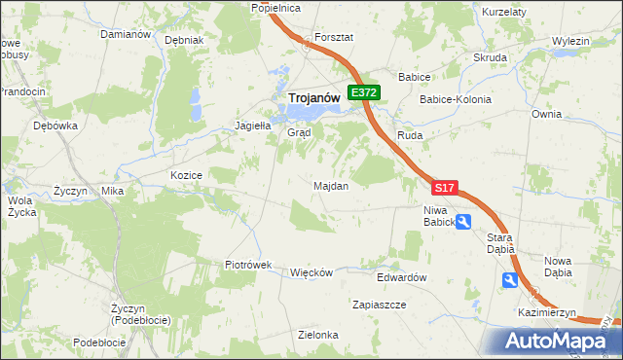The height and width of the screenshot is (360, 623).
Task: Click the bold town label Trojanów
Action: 312,97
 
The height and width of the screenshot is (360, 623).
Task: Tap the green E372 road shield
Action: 365,92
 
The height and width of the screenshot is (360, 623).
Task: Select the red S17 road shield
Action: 444,187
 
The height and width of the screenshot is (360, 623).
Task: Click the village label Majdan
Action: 331,185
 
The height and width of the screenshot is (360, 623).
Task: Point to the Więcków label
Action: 311,272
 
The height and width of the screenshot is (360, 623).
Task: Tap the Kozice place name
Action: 185,175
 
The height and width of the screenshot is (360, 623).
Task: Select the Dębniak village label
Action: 184,41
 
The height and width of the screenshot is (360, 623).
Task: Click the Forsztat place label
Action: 333,37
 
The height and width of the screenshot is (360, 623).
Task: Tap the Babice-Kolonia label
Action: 455,99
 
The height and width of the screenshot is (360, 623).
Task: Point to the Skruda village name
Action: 490,57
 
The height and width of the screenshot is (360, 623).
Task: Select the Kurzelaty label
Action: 504,12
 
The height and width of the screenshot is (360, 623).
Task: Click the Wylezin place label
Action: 570,41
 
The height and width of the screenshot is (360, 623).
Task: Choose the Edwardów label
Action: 402,277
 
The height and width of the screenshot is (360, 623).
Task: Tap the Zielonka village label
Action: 318,335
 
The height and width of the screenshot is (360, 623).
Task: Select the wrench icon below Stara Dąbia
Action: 510,280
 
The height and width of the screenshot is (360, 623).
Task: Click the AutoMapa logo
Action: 554,341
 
